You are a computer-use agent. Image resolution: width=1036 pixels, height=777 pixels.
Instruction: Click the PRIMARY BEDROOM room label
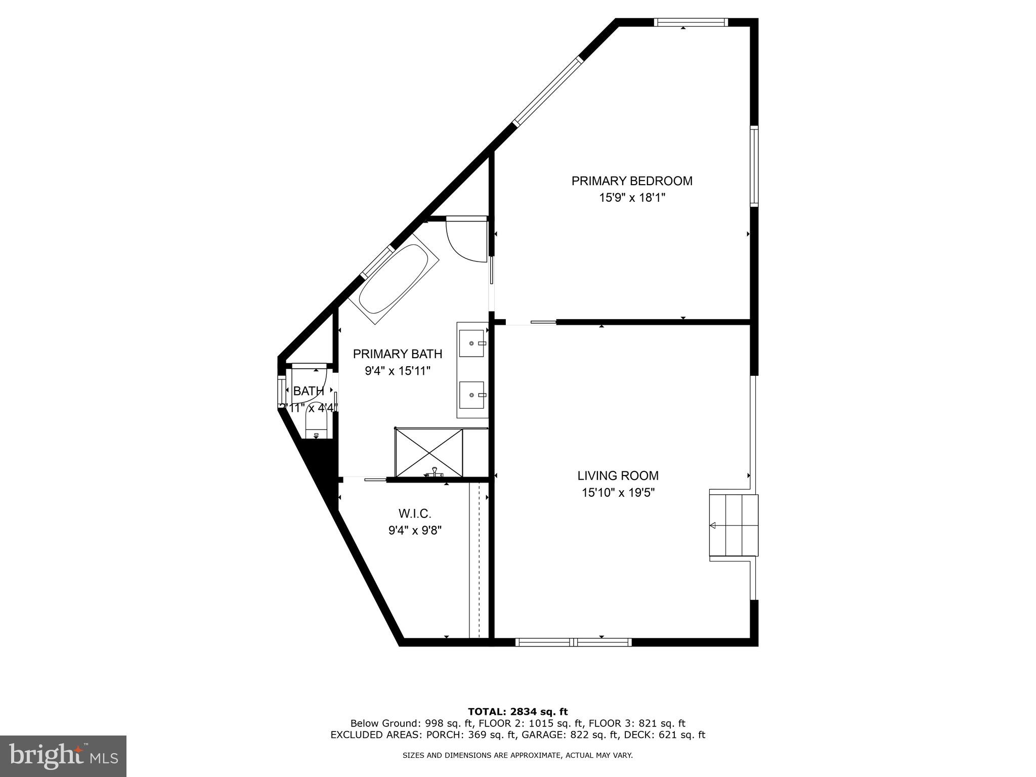click(631, 181)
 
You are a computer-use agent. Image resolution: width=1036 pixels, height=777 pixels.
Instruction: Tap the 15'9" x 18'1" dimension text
click(631, 198)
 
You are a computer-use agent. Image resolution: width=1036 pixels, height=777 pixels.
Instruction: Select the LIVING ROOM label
click(618, 476)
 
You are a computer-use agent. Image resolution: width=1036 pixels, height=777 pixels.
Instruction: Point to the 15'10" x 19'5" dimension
click(618, 492)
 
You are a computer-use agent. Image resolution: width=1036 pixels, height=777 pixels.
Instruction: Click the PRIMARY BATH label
click(397, 354)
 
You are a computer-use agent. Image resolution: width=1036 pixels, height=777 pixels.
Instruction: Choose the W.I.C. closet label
click(415, 514)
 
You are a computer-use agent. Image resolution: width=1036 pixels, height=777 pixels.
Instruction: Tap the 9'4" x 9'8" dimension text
click(415, 531)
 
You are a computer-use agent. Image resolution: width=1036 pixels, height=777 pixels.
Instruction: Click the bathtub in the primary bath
click(394, 279)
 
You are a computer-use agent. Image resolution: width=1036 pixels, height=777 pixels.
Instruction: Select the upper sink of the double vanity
click(472, 343)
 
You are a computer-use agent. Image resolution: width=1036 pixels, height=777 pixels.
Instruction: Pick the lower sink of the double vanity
click(472, 395)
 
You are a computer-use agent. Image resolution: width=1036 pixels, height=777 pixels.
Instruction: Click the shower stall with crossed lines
click(429, 452)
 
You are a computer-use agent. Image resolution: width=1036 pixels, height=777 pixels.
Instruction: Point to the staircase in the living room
click(733, 526)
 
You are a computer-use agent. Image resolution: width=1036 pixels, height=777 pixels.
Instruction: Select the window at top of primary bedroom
click(690, 22)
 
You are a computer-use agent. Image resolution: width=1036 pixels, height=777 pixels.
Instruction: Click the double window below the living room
click(573, 642)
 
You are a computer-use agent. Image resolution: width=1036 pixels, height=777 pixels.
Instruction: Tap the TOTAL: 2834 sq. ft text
click(517, 712)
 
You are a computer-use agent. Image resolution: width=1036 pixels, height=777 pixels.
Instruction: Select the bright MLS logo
click(63, 756)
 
